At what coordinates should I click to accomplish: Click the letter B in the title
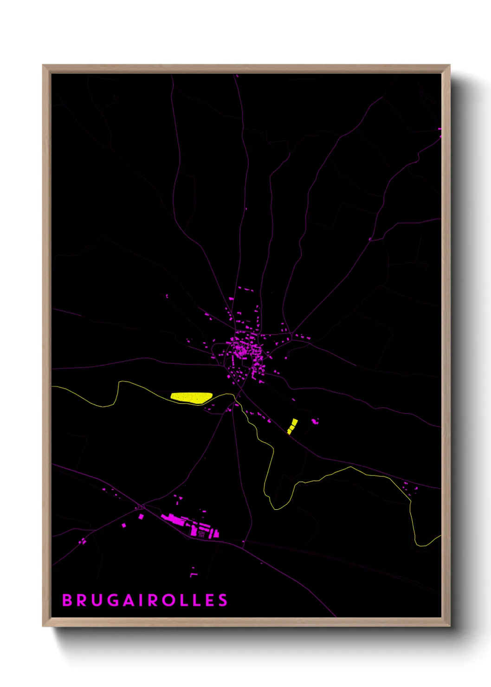(67, 600)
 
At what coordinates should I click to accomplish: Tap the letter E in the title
(210, 600)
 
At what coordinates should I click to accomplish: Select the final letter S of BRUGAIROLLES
(224, 600)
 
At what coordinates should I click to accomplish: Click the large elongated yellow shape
(191, 397)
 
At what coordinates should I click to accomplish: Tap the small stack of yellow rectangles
(292, 426)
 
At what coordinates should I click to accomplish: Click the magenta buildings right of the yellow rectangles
(315, 421)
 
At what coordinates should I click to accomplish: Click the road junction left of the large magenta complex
(141, 506)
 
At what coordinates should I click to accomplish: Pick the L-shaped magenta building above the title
(193, 575)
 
